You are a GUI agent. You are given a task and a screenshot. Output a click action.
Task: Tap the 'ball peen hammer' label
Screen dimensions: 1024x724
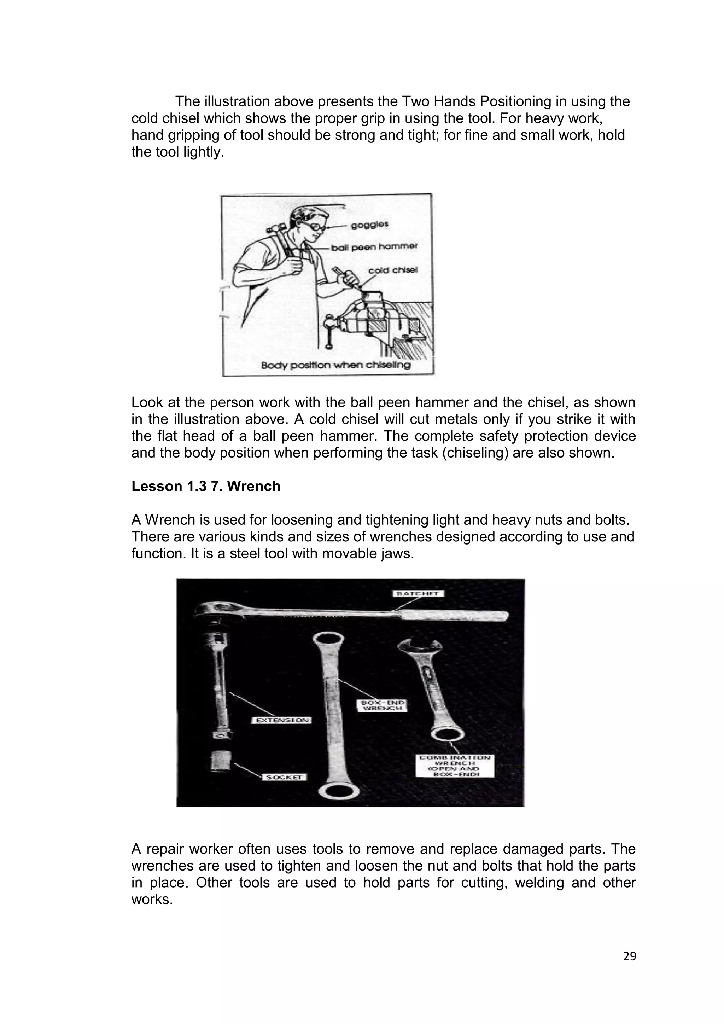click(x=374, y=247)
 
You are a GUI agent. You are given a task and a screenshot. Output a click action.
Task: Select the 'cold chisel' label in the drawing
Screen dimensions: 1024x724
click(x=393, y=270)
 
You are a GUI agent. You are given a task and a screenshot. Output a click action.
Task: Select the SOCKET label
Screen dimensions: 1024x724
click(x=284, y=777)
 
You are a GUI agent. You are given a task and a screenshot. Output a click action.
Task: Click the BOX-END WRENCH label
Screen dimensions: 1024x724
click(x=383, y=705)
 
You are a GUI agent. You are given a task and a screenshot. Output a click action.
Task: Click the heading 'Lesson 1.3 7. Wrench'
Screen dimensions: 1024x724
click(x=205, y=486)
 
